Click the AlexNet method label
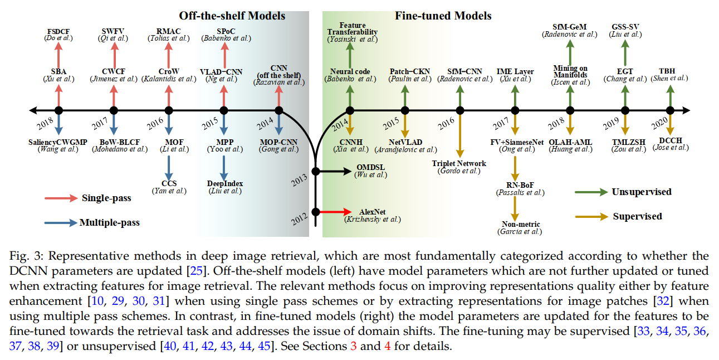(373, 212)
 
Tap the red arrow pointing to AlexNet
(336, 212)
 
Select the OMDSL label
(371, 167)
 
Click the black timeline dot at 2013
(316, 171)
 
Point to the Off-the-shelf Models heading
(232, 16)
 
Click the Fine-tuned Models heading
(443, 16)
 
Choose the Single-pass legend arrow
(61, 198)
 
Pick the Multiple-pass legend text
(110, 222)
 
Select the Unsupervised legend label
(642, 192)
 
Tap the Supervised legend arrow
(591, 217)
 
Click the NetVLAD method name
(405, 142)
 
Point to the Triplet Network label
(459, 163)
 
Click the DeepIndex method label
(224, 184)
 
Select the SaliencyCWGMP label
(58, 142)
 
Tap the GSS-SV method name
(625, 27)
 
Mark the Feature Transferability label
(352, 28)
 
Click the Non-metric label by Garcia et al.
(521, 224)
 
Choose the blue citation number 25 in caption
(197, 271)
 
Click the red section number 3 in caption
(354, 346)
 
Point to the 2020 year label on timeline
(659, 123)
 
